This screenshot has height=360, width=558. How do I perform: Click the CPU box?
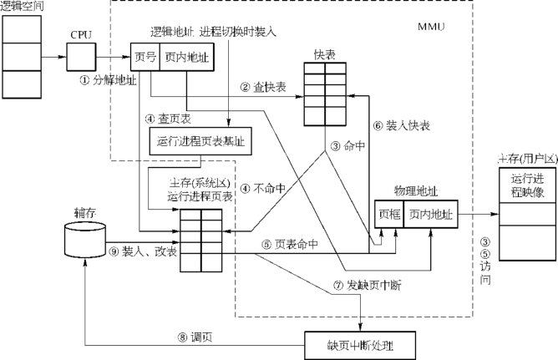coord(81,58)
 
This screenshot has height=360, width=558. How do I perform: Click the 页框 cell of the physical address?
coord(389,214)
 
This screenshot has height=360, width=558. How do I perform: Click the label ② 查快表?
coord(263,87)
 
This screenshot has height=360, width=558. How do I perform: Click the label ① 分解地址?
coord(107,80)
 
